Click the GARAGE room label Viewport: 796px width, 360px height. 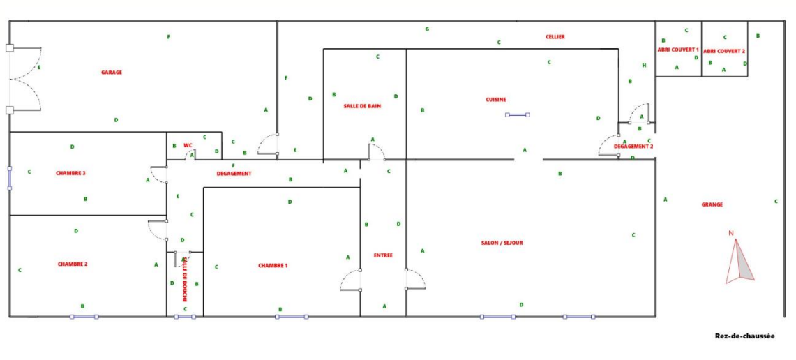pyautogui.click(x=112, y=72)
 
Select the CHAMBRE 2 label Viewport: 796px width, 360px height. pyautogui.click(x=73, y=264)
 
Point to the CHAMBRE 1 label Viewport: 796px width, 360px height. pyautogui.click(x=273, y=265)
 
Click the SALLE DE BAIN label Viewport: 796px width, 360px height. pyautogui.click(x=362, y=106)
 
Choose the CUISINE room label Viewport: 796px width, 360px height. pyautogui.click(x=496, y=100)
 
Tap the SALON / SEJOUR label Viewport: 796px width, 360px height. pyautogui.click(x=502, y=243)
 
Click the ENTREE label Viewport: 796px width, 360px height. pyautogui.click(x=383, y=255)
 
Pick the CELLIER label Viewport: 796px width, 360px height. pyautogui.click(x=555, y=36)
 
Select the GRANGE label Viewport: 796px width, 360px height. pyautogui.click(x=712, y=204)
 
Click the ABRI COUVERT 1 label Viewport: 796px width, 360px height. pyautogui.click(x=678, y=50)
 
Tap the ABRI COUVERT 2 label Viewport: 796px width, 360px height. pyautogui.click(x=724, y=51)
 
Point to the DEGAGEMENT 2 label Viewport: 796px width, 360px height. pyautogui.click(x=633, y=147)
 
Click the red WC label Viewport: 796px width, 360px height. pyautogui.click(x=188, y=145)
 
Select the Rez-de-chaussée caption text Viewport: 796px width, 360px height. pyautogui.click(x=744, y=336)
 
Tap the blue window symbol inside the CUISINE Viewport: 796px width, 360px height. pyautogui.click(x=517, y=114)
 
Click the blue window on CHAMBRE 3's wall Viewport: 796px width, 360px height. pyautogui.click(x=10, y=177)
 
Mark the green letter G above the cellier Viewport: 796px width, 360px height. pyautogui.click(x=427, y=29)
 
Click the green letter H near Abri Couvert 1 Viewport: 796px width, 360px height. pyautogui.click(x=644, y=66)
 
